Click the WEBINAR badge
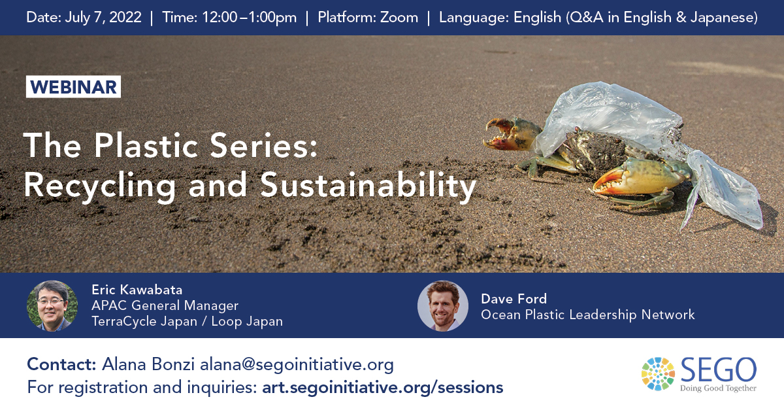pyautogui.click(x=73, y=87)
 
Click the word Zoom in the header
pyautogui.click(x=399, y=18)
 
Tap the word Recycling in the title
pyautogui.click(x=100, y=186)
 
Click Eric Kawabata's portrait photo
pyautogui.click(x=52, y=305)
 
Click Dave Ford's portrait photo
pyautogui.click(x=443, y=305)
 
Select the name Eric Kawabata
pyautogui.click(x=137, y=290)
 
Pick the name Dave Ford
pyautogui.click(x=514, y=299)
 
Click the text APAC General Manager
pyautogui.click(x=165, y=305)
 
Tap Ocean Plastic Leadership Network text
pyautogui.click(x=588, y=315)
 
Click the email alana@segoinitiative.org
pyautogui.click(x=297, y=364)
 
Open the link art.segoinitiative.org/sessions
pyautogui.click(x=382, y=387)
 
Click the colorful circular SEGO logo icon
pyautogui.click(x=658, y=373)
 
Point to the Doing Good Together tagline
pyautogui.click(x=718, y=388)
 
